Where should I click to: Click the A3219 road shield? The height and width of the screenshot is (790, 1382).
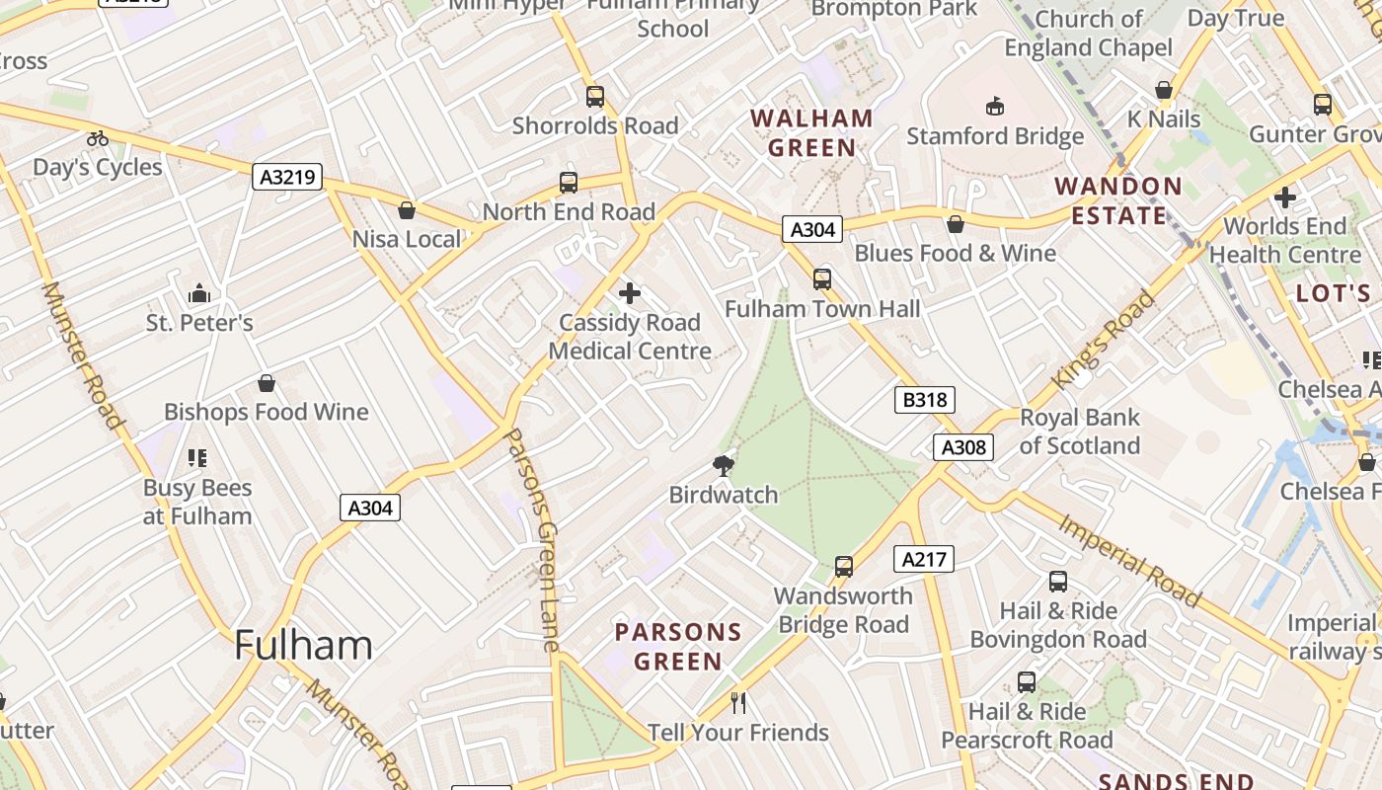[287, 178]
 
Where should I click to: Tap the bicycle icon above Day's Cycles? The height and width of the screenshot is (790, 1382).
[97, 139]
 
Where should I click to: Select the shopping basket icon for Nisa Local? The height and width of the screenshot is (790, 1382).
[406, 210]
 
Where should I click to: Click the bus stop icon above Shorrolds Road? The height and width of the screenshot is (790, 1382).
[594, 97]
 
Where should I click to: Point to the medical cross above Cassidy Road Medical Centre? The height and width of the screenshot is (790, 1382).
[629, 293]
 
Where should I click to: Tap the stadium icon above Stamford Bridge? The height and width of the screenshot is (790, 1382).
[994, 107]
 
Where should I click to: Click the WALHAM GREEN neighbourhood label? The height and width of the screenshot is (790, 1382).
[811, 133]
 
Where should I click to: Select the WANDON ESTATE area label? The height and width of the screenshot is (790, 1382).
[1118, 200]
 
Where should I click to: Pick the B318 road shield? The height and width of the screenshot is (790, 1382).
[925, 400]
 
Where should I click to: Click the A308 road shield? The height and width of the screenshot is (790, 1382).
[963, 447]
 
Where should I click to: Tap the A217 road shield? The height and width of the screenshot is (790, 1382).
[924, 560]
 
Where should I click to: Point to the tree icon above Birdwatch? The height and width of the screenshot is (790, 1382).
[724, 465]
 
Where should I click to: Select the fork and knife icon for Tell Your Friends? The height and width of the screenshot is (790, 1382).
[737, 703]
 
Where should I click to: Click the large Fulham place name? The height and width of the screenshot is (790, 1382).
[303, 646]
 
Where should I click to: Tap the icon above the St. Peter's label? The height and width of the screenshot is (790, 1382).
[199, 294]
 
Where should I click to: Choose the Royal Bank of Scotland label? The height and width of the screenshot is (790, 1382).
[1079, 432]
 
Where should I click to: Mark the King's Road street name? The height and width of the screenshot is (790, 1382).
[1104, 339]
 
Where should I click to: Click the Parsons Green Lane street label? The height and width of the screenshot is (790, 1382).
[533, 538]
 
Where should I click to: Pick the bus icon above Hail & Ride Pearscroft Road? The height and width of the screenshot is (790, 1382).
[1027, 682]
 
